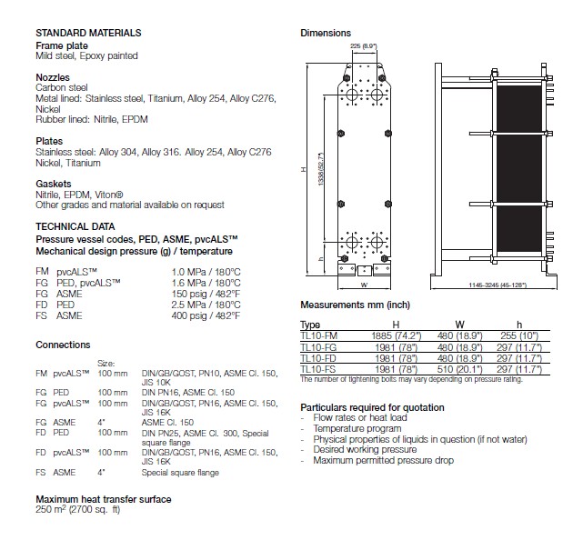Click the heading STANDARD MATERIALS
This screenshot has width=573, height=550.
88,33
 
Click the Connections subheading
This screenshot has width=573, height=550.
63,345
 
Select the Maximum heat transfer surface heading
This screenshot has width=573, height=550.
103,499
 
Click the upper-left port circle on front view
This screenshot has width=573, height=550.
352,95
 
